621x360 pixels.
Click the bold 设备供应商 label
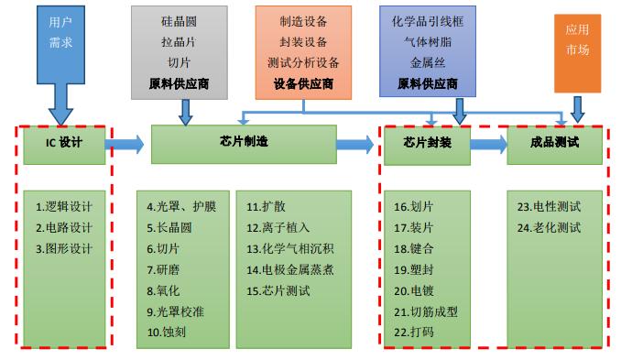[302, 83]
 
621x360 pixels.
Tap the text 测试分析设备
[303, 62]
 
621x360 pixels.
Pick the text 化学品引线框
[427, 19]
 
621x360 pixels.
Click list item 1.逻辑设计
[64, 206]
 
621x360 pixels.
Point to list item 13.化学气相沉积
[290, 248]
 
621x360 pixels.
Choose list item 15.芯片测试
[278, 290]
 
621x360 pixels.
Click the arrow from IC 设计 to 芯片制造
[127, 143]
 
